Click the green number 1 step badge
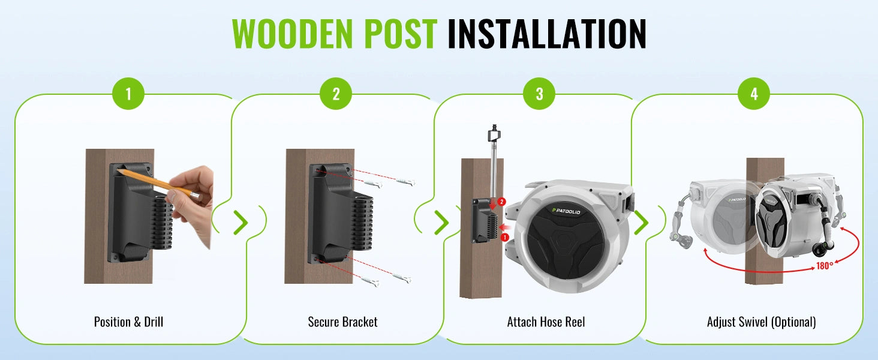coord(128,94)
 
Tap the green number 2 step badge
coord(336,94)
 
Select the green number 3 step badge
coord(539,94)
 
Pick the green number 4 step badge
coord(754,94)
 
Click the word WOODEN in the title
coord(293,34)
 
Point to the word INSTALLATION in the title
coord(547,34)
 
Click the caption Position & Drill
coord(128,322)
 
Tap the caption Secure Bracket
coord(342,322)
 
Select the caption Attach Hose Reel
coord(546,322)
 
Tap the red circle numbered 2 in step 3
coord(501,202)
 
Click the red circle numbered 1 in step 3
coord(505,237)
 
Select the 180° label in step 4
coord(825,266)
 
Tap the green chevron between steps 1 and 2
coord(240,223)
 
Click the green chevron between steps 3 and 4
coord(641,223)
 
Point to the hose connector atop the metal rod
coord(495,133)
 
